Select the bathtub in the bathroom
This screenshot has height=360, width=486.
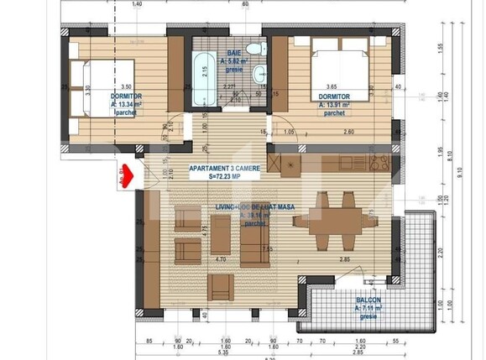click(x=202, y=80)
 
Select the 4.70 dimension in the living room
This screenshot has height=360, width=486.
click(x=221, y=259)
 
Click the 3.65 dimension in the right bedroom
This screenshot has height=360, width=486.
click(x=331, y=86)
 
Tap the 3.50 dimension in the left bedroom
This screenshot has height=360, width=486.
click(x=127, y=86)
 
